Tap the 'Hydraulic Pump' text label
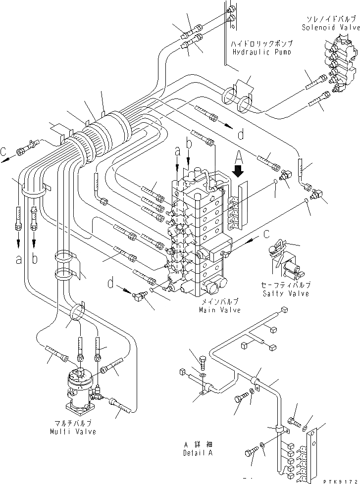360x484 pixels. coord(262,51)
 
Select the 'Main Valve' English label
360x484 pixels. coord(219,310)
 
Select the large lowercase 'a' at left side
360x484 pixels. coord(19,259)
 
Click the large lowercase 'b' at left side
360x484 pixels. coord(35,259)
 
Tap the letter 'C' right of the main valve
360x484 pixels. coord(267,233)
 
